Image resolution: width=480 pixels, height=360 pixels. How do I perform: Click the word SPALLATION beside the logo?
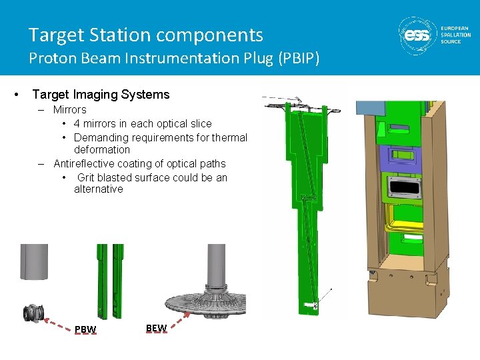(x=456, y=35)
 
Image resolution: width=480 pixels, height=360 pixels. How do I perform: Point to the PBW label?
(x=85, y=329)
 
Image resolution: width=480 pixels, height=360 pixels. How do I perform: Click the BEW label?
(x=156, y=328)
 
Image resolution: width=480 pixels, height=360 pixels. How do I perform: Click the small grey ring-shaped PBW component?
(x=32, y=313)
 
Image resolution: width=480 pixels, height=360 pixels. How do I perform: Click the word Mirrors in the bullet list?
(x=70, y=110)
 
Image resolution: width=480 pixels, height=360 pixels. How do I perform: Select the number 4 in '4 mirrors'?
(x=77, y=124)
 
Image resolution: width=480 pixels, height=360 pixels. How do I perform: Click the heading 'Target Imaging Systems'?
(x=101, y=95)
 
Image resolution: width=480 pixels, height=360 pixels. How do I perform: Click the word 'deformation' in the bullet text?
(x=102, y=150)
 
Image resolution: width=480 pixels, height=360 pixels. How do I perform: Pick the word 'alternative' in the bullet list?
(x=99, y=189)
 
